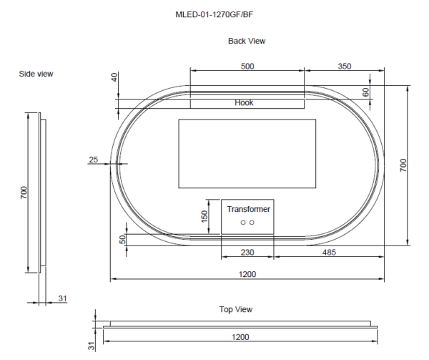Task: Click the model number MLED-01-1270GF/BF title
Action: [214, 14]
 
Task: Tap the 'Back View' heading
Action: [247, 41]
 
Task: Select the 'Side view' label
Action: [36, 74]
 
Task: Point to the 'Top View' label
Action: [235, 309]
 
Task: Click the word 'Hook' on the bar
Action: [244, 102]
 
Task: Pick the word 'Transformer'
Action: [248, 209]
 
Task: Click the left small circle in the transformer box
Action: [243, 223]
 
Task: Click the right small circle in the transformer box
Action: [252, 223]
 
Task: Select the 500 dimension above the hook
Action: [247, 66]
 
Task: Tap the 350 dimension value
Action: [345, 66]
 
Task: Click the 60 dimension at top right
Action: [365, 92]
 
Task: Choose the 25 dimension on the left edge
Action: [94, 160]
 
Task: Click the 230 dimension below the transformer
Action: [247, 253]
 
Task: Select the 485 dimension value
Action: [330, 253]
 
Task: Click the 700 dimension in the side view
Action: [23, 192]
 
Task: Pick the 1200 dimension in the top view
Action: [240, 336]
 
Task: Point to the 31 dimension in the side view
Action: [62, 298]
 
